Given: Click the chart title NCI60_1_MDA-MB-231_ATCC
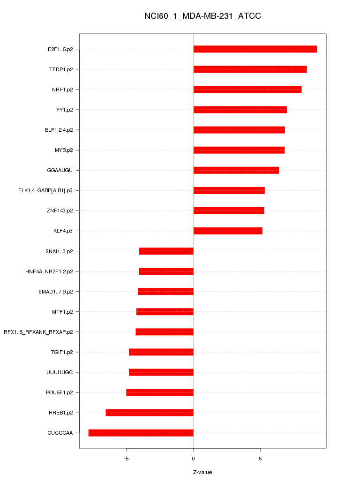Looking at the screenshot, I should [x=202, y=16].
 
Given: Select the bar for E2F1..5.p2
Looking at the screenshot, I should [x=255, y=49].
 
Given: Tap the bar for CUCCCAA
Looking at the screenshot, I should [x=141, y=433].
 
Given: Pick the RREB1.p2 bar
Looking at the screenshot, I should [x=149, y=413].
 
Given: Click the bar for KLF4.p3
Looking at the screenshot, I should [x=228, y=231].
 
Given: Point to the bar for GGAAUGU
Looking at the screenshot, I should [x=236, y=170].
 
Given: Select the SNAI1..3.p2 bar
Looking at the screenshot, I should [x=166, y=251].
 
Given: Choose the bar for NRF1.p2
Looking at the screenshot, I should [x=247, y=90].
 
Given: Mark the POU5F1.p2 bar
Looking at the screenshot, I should [x=159, y=392].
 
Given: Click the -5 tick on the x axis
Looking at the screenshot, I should [x=126, y=458].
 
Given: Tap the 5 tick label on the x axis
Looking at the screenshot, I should [x=260, y=458].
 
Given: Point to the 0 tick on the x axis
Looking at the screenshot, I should [x=193, y=458].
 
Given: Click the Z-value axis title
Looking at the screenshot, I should [x=202, y=472].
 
